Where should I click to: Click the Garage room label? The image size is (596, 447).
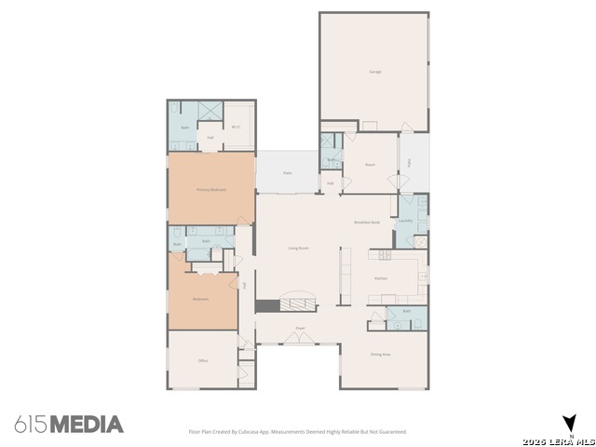click(375, 72)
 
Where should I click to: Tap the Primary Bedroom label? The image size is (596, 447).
click(211, 189)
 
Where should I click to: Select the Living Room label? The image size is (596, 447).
click(298, 248)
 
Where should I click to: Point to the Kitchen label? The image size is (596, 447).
click(381, 278)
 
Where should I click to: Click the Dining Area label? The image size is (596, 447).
click(380, 354)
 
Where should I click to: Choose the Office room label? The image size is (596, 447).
click(202, 360)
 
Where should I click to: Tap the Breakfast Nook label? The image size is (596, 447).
click(367, 223)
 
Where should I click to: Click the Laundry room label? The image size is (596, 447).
click(406, 221)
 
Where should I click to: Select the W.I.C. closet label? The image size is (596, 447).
click(237, 128)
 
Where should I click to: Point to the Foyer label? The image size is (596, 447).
click(301, 329)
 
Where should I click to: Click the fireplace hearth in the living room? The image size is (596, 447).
click(267, 305)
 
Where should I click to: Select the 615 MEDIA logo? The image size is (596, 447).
click(69, 425)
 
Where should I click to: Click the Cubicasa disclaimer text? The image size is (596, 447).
click(298, 432)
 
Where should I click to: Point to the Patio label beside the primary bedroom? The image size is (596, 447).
click(289, 173)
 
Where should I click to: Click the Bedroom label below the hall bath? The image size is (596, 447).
click(200, 299)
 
